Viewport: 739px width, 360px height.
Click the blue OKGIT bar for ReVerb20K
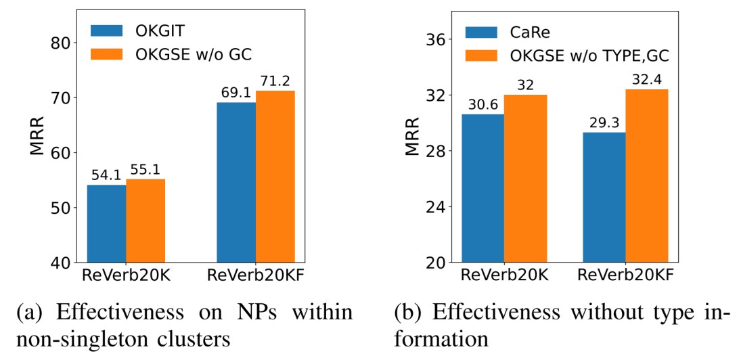pos(106,223)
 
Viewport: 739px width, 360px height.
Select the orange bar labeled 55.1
pos(145,221)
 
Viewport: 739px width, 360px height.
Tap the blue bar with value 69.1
pos(236,182)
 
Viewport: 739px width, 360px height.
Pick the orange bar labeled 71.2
pos(275,176)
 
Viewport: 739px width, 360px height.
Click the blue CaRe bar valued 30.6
pos(484,188)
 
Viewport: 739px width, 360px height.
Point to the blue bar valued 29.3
pos(605,197)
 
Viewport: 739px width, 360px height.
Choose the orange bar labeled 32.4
pos(646,175)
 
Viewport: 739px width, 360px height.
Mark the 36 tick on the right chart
pos(436,39)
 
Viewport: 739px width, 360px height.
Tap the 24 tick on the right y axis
pos(436,206)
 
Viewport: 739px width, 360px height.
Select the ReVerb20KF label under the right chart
pos(626,275)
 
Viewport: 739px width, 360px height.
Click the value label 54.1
pos(106,176)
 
